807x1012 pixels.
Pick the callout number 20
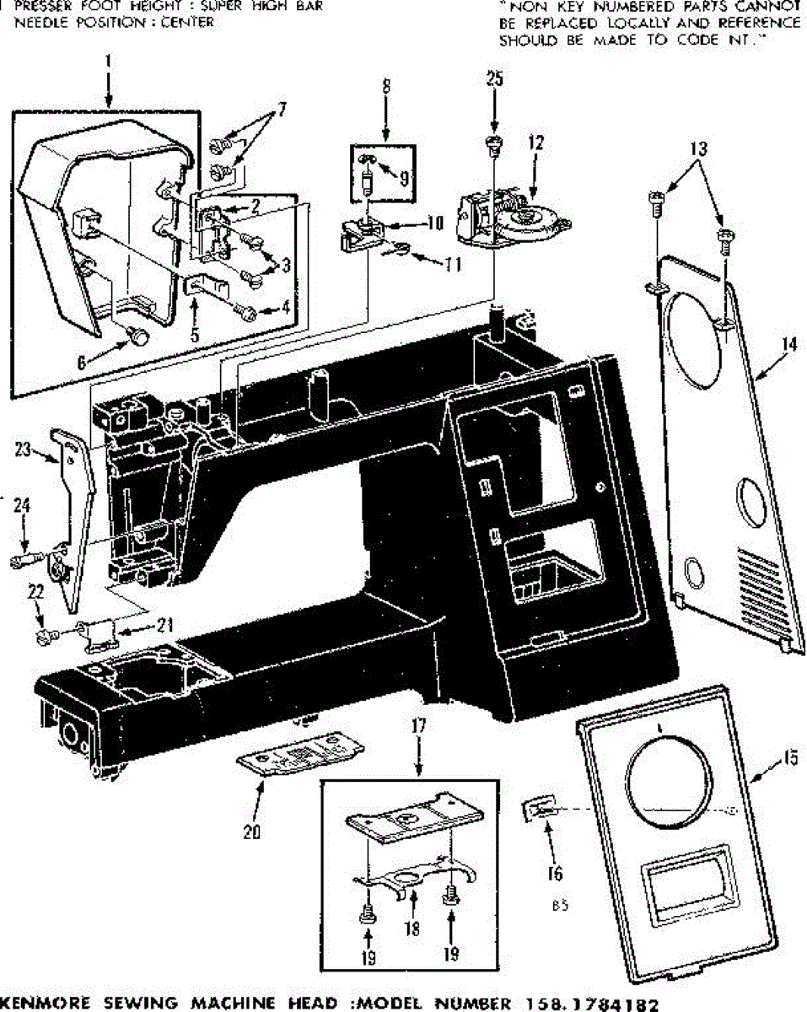250,832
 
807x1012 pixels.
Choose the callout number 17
418,724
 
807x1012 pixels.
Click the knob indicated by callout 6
137,336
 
